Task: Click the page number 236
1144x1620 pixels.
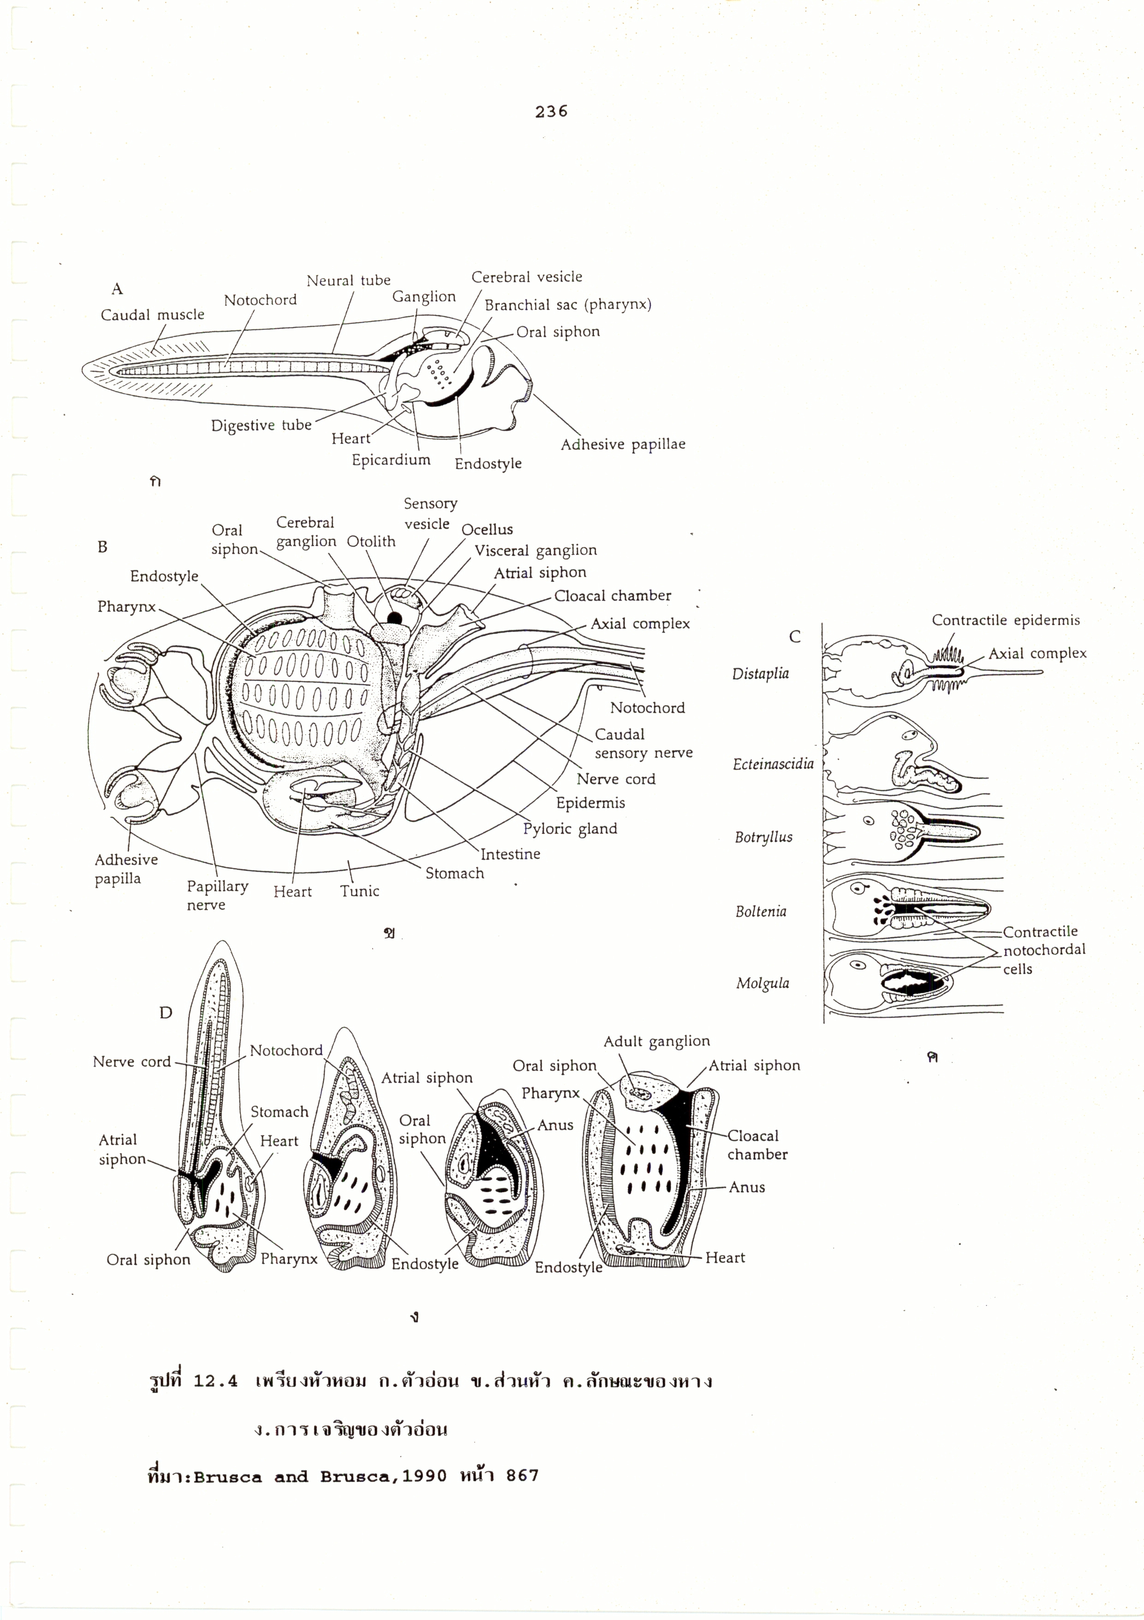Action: tap(551, 112)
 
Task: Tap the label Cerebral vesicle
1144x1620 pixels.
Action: tap(526, 277)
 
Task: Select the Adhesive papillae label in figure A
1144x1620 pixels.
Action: tap(622, 445)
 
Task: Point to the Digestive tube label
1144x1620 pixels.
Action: tap(261, 425)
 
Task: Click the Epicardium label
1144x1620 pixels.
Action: tap(391, 460)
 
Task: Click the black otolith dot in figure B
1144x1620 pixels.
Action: tap(394, 619)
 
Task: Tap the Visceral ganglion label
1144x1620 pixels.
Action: tap(535, 550)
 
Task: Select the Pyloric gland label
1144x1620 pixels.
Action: tap(570, 828)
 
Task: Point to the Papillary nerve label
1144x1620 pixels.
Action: tap(217, 895)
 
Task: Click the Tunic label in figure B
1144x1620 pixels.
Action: tap(359, 891)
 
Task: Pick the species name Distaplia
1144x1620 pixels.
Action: tap(760, 673)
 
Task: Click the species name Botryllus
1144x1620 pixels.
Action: tap(763, 838)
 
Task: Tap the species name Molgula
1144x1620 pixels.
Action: tap(762, 983)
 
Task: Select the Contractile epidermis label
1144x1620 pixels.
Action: tap(1005, 620)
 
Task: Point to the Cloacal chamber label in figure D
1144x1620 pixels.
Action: tap(757, 1145)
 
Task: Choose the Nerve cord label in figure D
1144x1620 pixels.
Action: tap(132, 1062)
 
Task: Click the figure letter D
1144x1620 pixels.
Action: tap(166, 1013)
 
